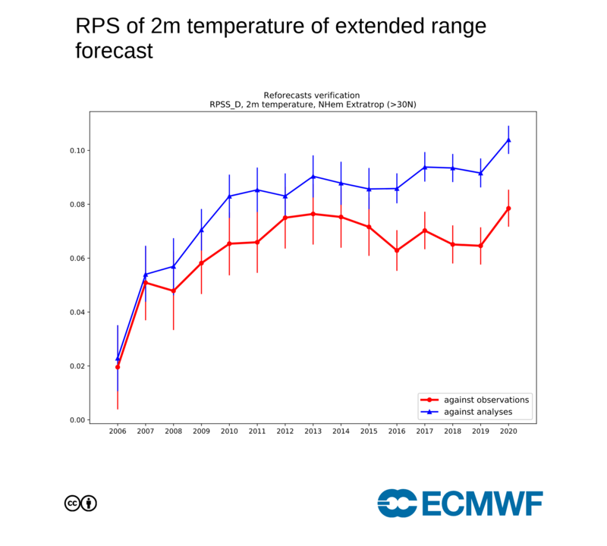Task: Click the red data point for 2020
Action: [508, 209]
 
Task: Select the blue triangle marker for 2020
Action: [508, 140]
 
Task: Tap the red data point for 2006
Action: [118, 367]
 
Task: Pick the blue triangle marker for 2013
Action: [313, 177]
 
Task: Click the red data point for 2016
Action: [397, 250]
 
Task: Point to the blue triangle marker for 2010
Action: [229, 196]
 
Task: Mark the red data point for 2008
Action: [173, 291]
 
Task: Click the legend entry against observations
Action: [476, 400]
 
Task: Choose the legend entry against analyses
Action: [476, 412]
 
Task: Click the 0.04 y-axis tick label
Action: [77, 312]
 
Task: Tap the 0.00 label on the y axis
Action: [77, 420]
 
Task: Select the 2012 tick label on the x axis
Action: [285, 431]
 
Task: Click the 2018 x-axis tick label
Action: [453, 431]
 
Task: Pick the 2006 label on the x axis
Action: [118, 431]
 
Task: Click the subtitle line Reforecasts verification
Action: [313, 95]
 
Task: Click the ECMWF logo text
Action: [481, 503]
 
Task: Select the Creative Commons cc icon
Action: [73, 503]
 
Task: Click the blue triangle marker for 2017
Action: [425, 167]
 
